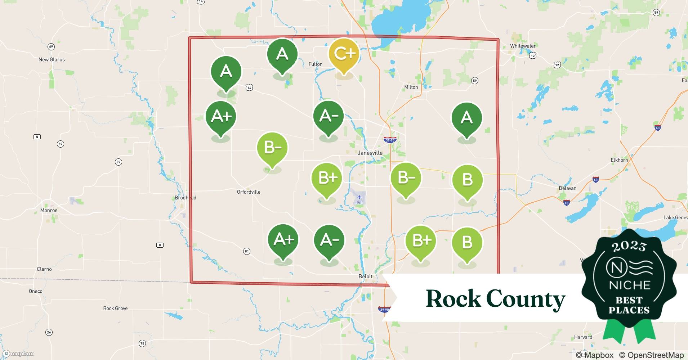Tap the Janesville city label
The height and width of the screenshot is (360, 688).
tap(370, 153)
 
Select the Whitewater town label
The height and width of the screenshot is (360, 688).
tap(523, 46)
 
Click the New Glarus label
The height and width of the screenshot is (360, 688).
tap(52, 60)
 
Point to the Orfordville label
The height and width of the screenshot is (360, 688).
tap(249, 192)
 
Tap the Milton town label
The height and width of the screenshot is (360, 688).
tap(411, 87)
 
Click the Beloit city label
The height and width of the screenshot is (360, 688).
tap(365, 276)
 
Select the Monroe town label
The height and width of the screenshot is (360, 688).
tap(49, 210)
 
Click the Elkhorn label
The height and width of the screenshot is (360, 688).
tap(619, 160)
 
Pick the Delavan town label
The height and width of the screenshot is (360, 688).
tap(567, 188)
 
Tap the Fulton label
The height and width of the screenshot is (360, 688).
tap(315, 64)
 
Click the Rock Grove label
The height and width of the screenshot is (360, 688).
tap(115, 308)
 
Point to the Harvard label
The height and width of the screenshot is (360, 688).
tap(583, 337)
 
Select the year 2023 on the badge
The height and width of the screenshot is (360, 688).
tap(629, 246)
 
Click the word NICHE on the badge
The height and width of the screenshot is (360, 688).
tap(629, 285)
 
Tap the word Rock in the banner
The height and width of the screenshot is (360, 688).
tap(453, 299)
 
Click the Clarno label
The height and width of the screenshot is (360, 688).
tap(44, 269)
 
